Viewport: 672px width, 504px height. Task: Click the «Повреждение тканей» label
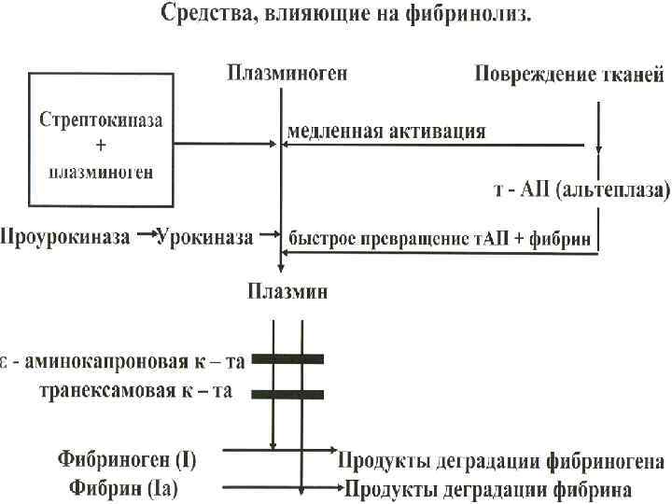(569, 75)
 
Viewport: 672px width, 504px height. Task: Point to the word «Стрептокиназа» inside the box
(100, 121)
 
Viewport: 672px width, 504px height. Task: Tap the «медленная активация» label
(386, 131)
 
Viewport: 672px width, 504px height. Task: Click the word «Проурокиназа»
(64, 237)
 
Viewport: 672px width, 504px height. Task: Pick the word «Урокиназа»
(204, 237)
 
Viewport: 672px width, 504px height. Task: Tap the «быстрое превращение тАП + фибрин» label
(440, 238)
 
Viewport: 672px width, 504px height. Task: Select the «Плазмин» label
(287, 292)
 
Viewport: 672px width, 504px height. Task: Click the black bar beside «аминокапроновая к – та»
(287, 357)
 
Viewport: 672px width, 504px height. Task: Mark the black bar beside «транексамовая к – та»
(287, 394)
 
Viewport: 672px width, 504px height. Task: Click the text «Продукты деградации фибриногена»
(501, 461)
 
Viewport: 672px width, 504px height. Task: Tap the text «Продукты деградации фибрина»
(488, 489)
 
